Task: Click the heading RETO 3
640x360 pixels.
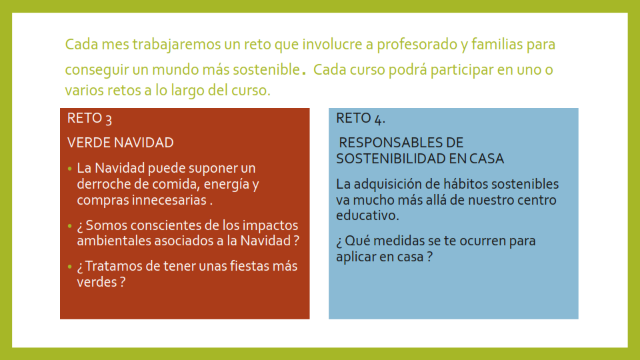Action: point(89,119)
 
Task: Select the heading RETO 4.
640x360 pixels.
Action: point(361,119)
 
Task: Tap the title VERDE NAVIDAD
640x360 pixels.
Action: point(121,143)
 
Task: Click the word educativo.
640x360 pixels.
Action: point(366,215)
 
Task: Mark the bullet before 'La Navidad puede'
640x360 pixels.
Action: point(70,168)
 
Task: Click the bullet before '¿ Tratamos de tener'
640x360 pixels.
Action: point(70,267)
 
